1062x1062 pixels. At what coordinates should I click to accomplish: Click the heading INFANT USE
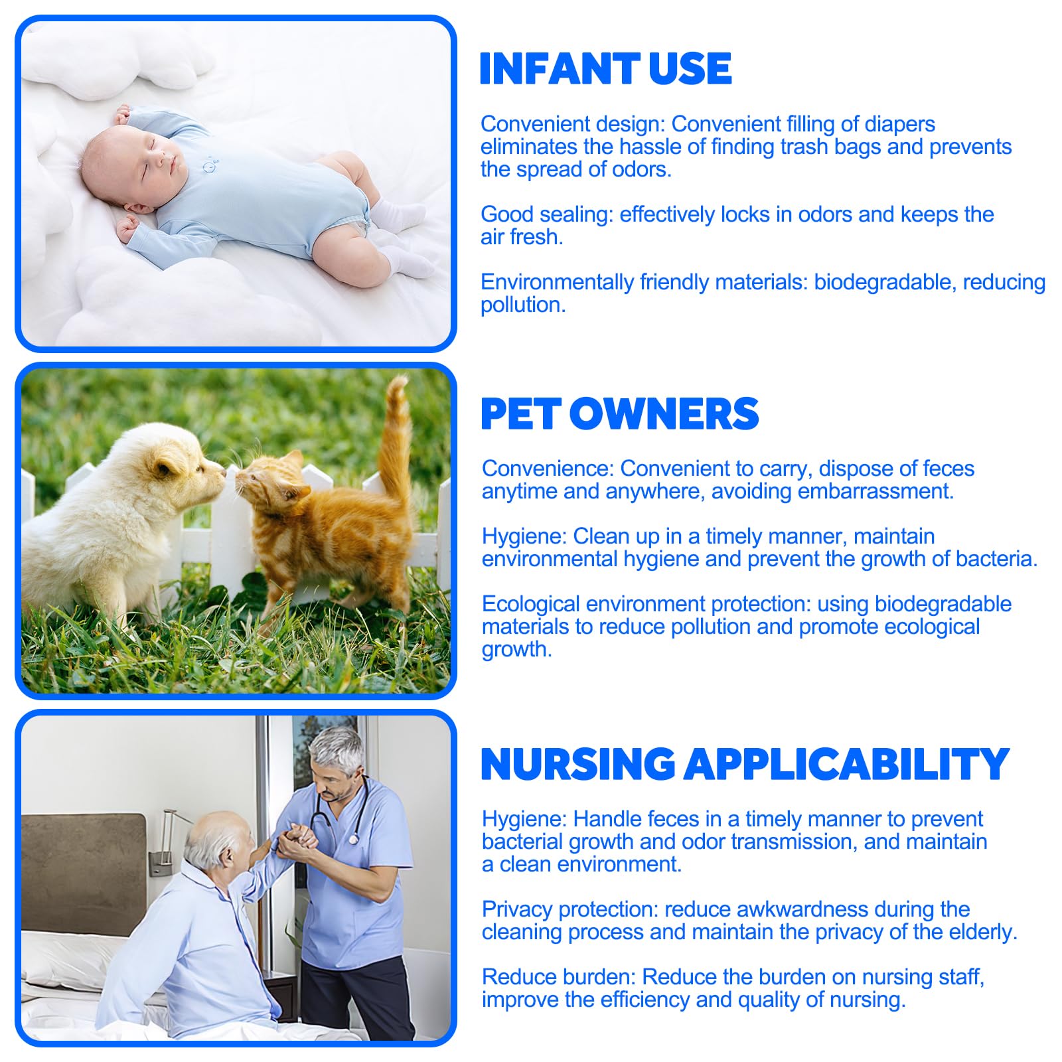(605, 68)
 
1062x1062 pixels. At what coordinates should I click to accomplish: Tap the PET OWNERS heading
(619, 414)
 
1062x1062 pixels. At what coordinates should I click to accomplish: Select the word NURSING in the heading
(578, 764)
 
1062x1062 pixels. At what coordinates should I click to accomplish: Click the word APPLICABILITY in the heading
(847, 764)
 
